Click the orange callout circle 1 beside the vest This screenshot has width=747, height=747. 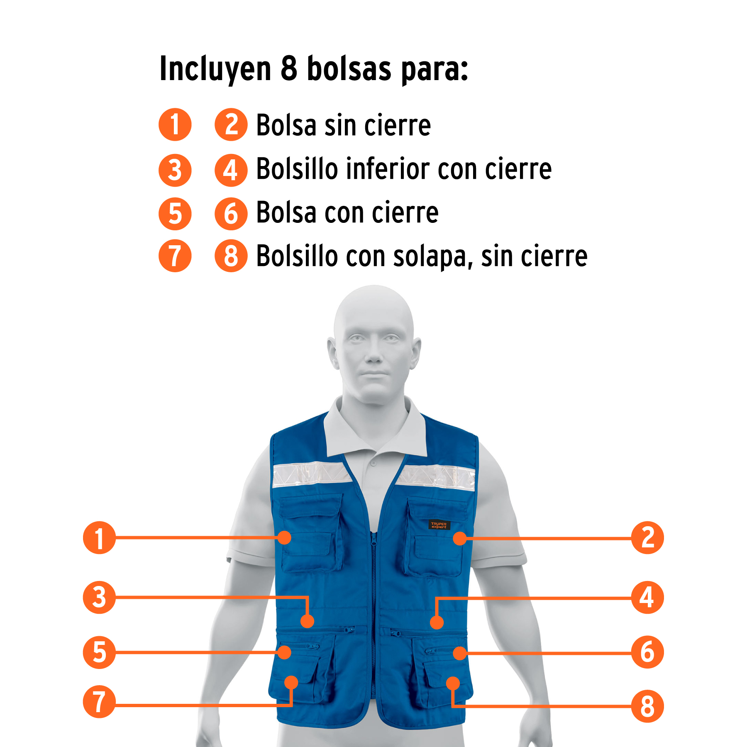click(99, 537)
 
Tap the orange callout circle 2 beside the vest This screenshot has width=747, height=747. click(647, 537)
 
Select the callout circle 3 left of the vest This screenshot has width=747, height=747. click(99, 597)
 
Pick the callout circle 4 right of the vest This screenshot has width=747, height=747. click(647, 597)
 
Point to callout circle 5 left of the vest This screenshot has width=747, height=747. click(99, 652)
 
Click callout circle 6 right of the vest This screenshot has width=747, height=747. click(647, 652)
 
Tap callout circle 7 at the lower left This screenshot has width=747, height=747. click(99, 702)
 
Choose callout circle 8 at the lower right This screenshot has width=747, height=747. click(647, 706)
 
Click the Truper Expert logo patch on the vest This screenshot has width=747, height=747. click(439, 525)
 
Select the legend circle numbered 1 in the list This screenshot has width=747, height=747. click(175, 124)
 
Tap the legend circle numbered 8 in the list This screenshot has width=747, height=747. click(231, 256)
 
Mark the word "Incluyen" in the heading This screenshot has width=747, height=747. click(215, 69)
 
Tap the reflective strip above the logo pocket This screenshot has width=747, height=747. click(436, 477)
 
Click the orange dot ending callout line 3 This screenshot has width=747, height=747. click(307, 621)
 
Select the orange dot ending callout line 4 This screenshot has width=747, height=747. click(437, 622)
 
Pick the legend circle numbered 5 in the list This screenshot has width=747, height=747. click(175, 214)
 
